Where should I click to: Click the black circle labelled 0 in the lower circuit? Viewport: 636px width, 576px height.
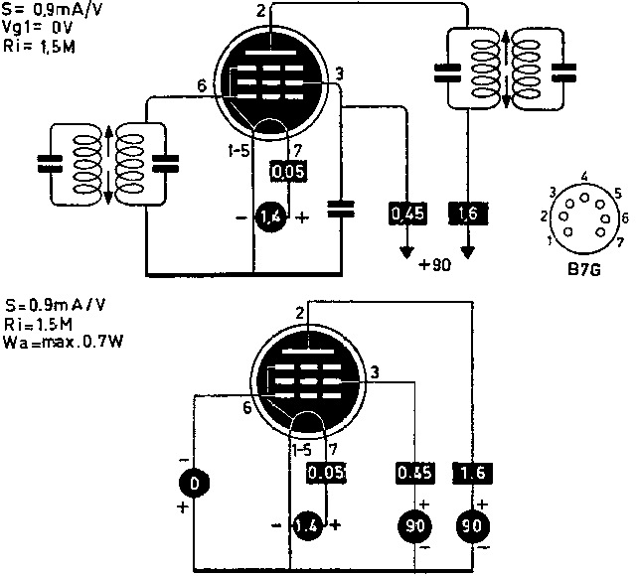click(195, 483)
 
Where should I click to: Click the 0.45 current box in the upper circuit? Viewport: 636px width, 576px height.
click(407, 213)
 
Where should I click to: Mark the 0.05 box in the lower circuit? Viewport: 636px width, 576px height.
click(327, 473)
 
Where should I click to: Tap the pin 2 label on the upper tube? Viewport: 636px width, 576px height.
click(260, 10)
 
